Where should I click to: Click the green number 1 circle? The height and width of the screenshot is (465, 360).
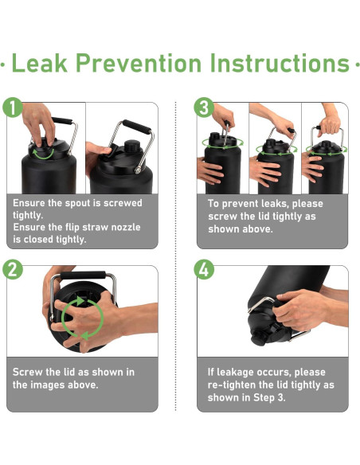(x=13, y=107)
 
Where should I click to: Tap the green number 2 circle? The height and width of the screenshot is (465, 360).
(x=13, y=270)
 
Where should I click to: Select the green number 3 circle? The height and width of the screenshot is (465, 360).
(x=204, y=107)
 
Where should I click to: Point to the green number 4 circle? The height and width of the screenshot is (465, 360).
(x=204, y=270)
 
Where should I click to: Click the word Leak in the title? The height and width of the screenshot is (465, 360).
(x=40, y=63)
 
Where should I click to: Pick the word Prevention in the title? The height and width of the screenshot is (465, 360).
(x=139, y=63)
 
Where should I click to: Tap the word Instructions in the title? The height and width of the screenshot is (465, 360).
(x=280, y=63)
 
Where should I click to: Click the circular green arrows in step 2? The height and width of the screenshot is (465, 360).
(x=83, y=318)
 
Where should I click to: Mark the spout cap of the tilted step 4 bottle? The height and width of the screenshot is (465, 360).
(x=259, y=338)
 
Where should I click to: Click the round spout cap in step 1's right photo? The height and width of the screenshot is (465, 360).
(x=132, y=146)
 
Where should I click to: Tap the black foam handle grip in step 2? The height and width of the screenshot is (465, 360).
(x=83, y=275)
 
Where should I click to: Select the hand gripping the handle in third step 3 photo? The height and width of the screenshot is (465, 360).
(x=329, y=125)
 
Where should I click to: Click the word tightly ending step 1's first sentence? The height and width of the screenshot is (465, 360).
(x=28, y=215)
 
